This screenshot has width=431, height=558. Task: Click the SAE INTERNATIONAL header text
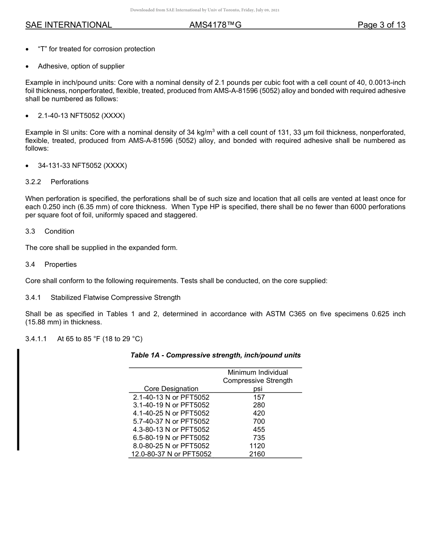click(x=69, y=25)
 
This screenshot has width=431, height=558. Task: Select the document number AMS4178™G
click(x=215, y=25)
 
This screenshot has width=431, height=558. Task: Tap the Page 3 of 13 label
click(x=381, y=25)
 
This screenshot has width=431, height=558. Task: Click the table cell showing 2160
click(x=257, y=454)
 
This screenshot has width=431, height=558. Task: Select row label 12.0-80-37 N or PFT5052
click(x=171, y=454)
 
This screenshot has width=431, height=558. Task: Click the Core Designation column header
click(x=171, y=389)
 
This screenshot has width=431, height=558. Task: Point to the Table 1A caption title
click(x=215, y=355)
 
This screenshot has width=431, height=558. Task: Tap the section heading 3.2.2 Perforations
click(x=57, y=182)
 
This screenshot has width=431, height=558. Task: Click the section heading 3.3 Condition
click(x=50, y=231)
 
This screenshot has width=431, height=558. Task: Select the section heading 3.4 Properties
click(x=51, y=264)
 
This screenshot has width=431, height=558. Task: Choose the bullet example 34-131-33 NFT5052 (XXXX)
click(x=82, y=166)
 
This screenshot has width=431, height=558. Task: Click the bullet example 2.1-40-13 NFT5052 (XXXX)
click(x=81, y=116)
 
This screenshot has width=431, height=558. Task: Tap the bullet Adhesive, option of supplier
click(x=81, y=66)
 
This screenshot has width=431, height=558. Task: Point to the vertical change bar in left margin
click(x=18, y=399)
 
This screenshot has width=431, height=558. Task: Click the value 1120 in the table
click(x=257, y=446)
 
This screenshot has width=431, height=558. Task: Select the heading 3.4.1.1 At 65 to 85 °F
click(x=84, y=339)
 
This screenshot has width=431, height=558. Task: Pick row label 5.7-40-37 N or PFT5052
click(x=171, y=421)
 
